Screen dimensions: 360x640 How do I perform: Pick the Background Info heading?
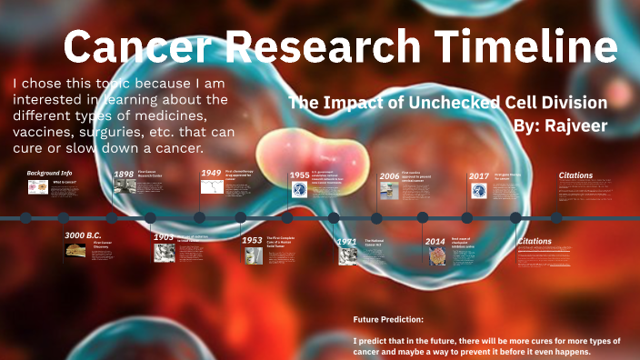(x=49, y=173)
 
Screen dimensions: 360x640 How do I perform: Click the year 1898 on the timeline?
(x=125, y=174)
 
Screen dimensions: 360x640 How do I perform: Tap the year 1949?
(x=211, y=173)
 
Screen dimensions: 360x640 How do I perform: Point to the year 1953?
(x=252, y=240)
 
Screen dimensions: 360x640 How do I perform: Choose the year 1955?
(x=299, y=175)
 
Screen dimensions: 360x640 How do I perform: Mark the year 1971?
(x=346, y=242)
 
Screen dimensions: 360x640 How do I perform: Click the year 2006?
(x=389, y=175)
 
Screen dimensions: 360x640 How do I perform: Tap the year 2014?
(x=435, y=242)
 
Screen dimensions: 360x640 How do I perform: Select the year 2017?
(x=479, y=175)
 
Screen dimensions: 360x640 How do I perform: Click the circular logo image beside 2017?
(x=479, y=191)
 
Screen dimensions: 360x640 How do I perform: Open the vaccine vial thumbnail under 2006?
(x=389, y=191)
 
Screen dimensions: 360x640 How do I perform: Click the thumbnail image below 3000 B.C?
(x=75, y=254)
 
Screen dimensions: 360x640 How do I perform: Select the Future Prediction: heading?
(x=388, y=320)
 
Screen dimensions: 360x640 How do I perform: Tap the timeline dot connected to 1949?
(x=201, y=218)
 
